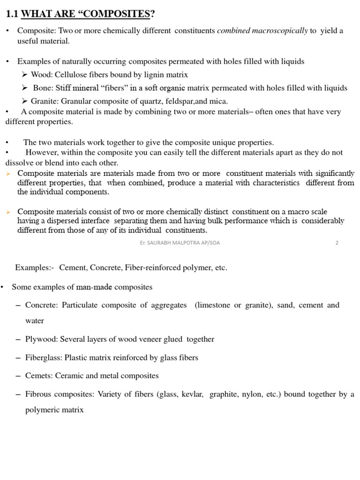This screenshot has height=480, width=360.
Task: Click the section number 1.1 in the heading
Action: point(12,15)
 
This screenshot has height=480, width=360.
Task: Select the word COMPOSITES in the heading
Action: point(120,15)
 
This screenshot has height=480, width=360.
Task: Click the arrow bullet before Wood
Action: point(25,75)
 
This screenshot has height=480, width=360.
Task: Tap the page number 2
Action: point(337,243)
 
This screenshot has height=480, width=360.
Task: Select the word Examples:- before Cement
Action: point(35,268)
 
